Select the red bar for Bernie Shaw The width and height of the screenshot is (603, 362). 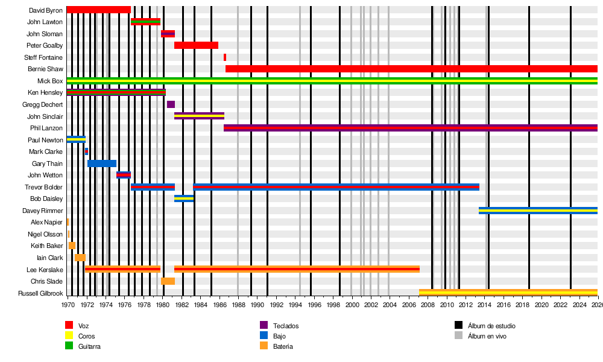pos(410,69)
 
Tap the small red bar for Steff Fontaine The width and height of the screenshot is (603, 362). pos(225,57)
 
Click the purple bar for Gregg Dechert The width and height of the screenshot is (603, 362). pos(171,104)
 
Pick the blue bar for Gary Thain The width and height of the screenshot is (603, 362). pos(102,164)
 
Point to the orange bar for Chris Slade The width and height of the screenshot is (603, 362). pos(168,281)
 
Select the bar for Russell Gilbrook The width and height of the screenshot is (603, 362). pos(508,293)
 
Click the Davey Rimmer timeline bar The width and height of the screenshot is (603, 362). pos(538,211)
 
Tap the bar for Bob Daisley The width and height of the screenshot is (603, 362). pos(184,198)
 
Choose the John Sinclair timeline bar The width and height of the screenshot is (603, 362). pos(199,116)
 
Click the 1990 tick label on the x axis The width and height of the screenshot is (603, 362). pos(257,305)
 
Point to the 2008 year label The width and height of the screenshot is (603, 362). pos(428,305)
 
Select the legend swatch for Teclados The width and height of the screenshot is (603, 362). pos(264,326)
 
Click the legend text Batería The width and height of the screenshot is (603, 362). pos(283,346)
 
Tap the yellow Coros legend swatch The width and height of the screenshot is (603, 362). pos(69,336)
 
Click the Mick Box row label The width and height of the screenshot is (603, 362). pos(50,81)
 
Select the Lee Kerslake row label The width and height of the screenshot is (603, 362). pos(45,270)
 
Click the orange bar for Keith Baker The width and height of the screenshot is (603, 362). pos(72,246)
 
